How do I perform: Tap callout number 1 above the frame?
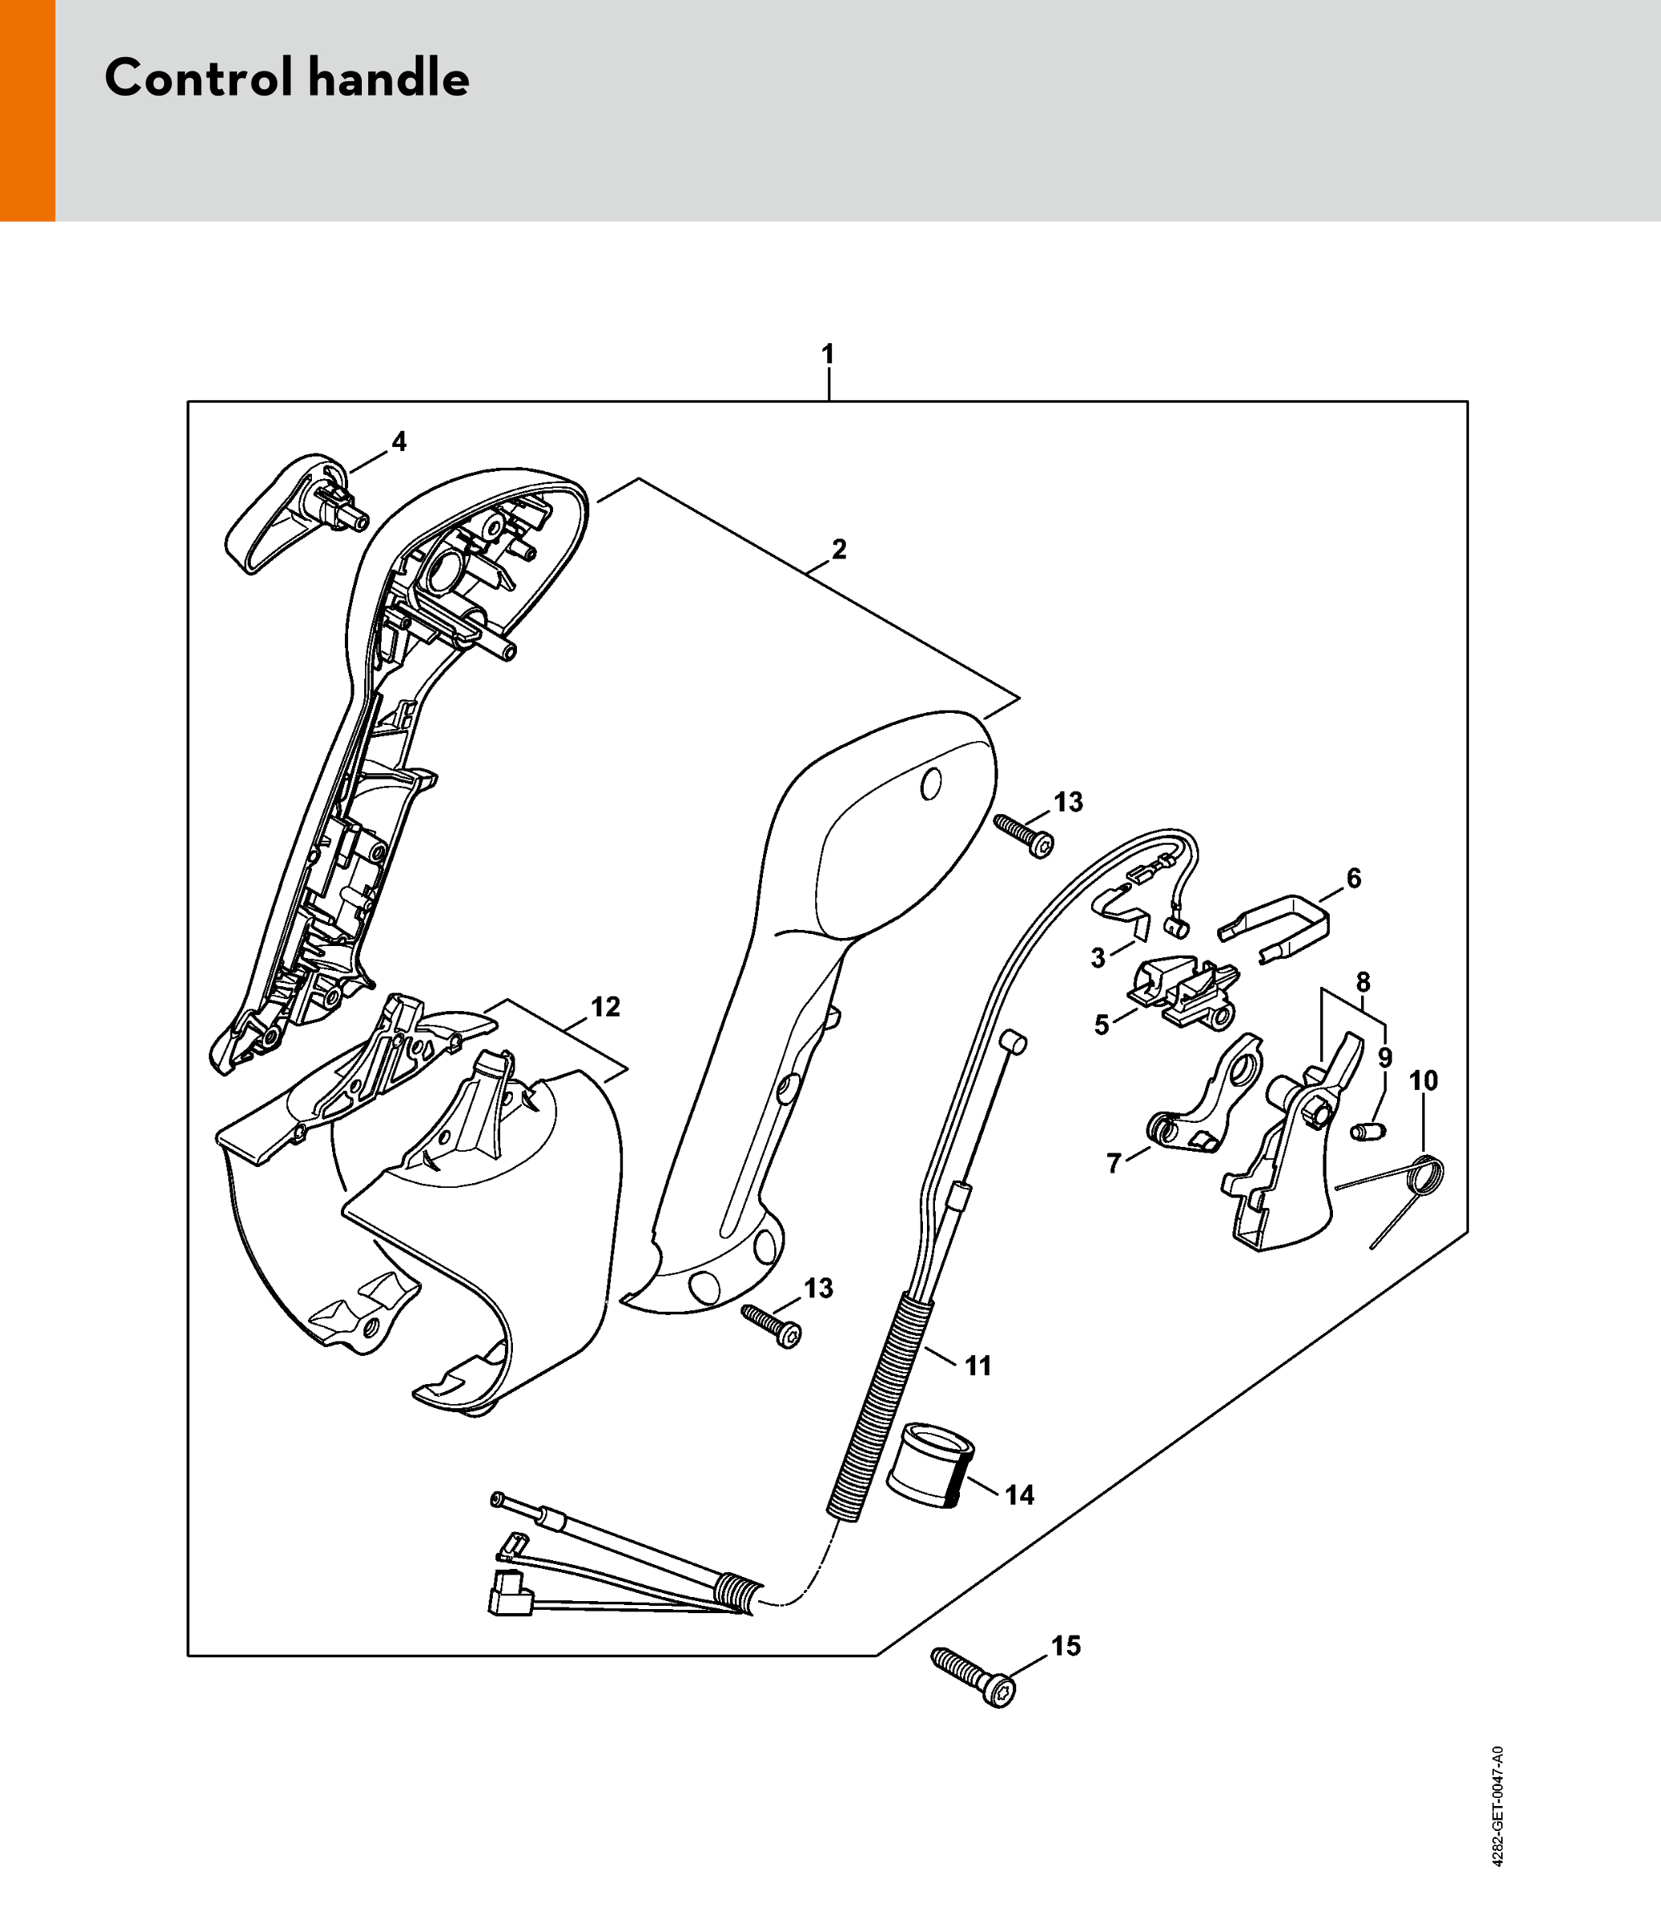coord(828,354)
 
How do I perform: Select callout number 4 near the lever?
coord(399,441)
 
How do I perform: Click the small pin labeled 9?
coord(1368,1130)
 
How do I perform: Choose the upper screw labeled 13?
coord(1023,834)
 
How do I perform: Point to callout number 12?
coord(605,1006)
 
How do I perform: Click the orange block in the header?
coord(27,110)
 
